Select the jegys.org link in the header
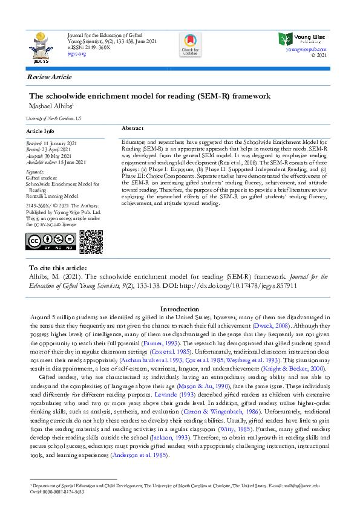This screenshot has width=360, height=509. (x=77, y=54)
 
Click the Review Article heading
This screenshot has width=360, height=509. (x=49, y=77)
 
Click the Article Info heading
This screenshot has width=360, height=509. (x=41, y=131)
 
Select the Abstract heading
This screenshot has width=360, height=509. (x=133, y=129)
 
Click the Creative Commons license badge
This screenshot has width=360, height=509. (x=51, y=242)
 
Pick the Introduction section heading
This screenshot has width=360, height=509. (x=180, y=309)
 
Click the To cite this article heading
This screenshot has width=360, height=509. (x=57, y=268)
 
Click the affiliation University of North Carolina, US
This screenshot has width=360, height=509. (x=54, y=119)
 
